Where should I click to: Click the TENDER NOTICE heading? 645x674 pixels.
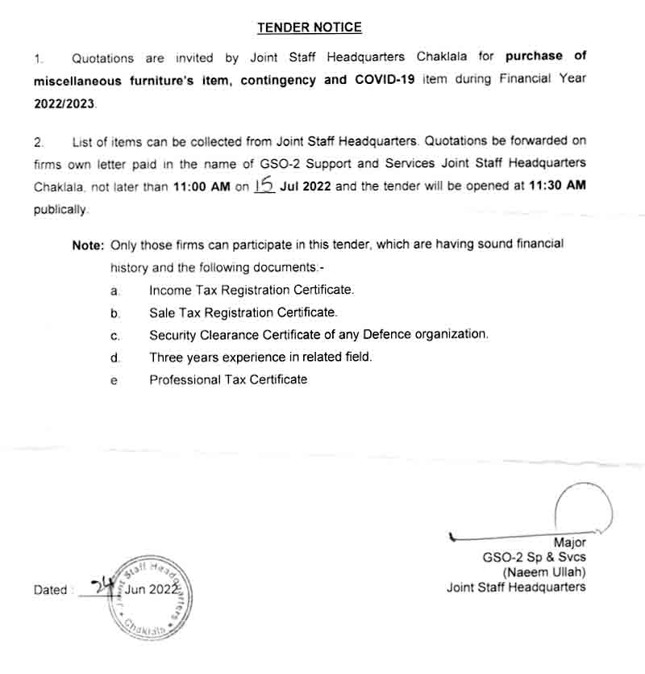pos(310,28)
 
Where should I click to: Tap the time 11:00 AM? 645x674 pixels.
pos(201,186)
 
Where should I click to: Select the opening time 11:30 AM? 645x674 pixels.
pos(556,186)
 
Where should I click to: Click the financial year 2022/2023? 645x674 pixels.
pos(64,104)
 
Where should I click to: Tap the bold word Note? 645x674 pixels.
pos(88,244)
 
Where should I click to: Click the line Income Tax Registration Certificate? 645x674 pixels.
pos(252,289)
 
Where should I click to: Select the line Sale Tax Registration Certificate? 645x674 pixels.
pos(243,312)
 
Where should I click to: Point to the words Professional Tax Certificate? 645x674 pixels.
pos(228,379)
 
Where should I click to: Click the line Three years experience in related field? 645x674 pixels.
pos(260,357)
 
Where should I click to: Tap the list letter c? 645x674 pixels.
pos(115,335)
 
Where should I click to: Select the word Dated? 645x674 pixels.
pos(51,590)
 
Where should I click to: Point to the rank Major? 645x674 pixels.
pos(569,542)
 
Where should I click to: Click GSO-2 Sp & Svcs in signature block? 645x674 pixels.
pos(535,558)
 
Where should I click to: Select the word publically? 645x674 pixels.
pos(60,210)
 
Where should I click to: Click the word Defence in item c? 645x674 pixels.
pos(386,334)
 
